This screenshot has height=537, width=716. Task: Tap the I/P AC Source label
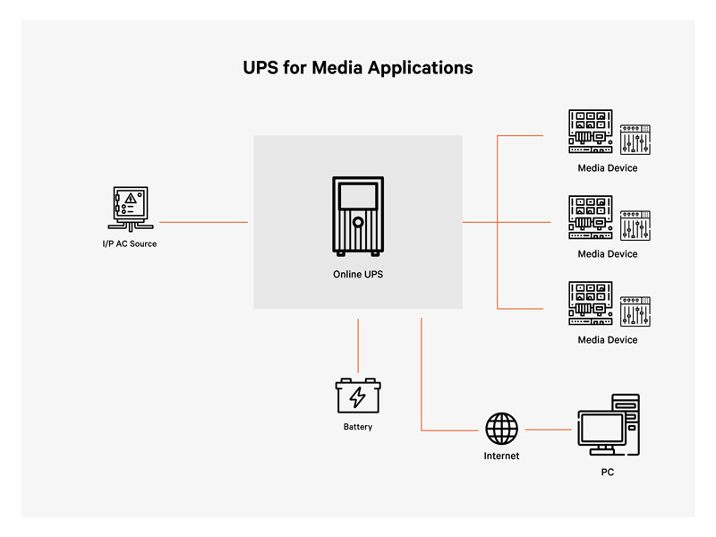click(129, 243)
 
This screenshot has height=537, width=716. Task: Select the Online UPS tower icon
click(357, 216)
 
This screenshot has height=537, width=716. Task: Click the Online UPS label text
click(358, 274)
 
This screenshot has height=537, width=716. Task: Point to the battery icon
click(358, 395)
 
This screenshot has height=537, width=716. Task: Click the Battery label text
click(358, 427)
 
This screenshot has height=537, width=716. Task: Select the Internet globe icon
click(501, 428)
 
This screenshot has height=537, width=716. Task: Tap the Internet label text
click(501, 456)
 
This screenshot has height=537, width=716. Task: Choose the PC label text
click(608, 472)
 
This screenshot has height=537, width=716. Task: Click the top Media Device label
click(608, 168)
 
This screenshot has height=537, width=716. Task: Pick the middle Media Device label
click(608, 254)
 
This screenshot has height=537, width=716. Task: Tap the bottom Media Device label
click(608, 340)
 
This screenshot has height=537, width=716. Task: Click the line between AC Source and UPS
click(203, 221)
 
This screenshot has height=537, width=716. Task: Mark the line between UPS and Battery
click(358, 345)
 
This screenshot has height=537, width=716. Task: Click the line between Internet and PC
click(548, 430)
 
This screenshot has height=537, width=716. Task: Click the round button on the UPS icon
click(357, 222)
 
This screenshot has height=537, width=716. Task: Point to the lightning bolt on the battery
click(358, 396)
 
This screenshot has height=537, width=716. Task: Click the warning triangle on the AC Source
click(131, 198)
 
